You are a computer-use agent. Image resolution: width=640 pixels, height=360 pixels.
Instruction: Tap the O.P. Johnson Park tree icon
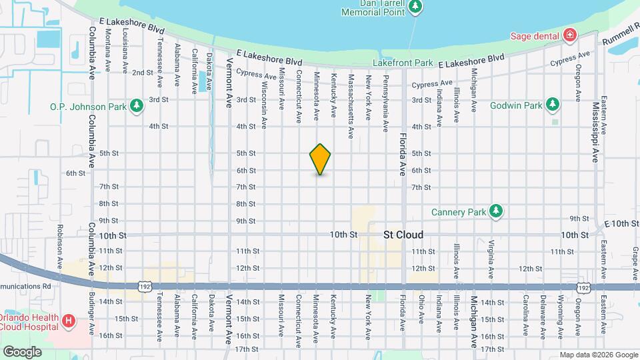point(136,106)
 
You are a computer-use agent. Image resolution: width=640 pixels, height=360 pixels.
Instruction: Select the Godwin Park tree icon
point(552,105)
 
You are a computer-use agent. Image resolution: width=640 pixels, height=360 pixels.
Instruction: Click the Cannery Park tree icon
point(495,211)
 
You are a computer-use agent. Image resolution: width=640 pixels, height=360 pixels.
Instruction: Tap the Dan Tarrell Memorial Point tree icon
point(416,7)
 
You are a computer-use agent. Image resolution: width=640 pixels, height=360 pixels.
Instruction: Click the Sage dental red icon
point(570,35)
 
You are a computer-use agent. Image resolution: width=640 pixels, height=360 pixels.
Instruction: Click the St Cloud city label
point(403,235)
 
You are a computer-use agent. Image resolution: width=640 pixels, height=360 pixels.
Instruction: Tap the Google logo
point(22,351)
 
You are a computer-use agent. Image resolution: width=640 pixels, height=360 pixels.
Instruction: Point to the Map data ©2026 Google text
point(598,354)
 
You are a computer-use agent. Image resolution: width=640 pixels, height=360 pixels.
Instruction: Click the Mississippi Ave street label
point(595,132)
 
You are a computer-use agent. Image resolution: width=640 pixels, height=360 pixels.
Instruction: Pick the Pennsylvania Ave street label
point(385,101)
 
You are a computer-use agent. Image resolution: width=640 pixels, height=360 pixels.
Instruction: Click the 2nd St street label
point(142,73)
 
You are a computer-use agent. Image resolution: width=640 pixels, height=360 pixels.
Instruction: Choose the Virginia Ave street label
point(491,259)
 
